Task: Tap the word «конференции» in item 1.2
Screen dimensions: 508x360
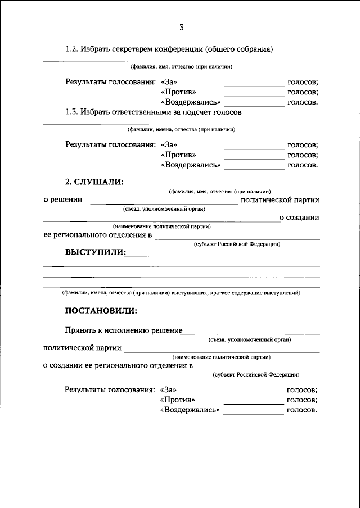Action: tap(178, 49)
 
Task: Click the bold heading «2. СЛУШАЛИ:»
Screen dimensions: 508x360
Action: tap(94, 182)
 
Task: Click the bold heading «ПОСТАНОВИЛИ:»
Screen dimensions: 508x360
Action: tap(101, 311)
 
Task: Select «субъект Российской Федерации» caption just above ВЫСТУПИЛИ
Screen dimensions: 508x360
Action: tap(237, 244)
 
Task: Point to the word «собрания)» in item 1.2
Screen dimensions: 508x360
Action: tap(254, 49)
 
